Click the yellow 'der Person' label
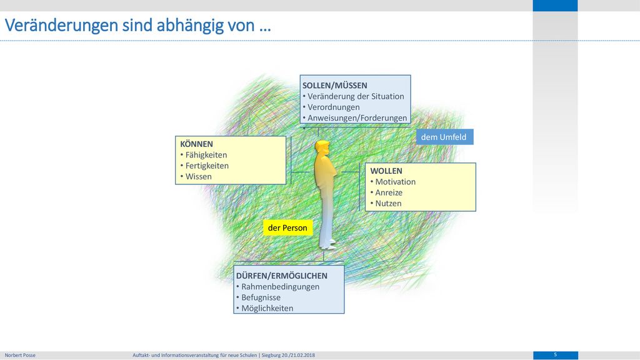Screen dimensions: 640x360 [x=287, y=227]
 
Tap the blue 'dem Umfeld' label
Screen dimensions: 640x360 [x=444, y=137]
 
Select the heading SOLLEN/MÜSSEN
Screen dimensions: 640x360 [x=335, y=85]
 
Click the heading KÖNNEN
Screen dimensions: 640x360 [x=196, y=144]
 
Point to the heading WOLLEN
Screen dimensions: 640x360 [x=386, y=171]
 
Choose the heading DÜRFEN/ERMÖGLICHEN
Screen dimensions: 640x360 [x=282, y=276]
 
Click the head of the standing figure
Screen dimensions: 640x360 [x=322, y=147]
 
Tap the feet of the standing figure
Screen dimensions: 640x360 [x=327, y=244]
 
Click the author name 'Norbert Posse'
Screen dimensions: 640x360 [x=20, y=355]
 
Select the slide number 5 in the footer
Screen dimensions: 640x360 [x=555, y=355]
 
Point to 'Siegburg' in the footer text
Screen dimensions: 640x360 [x=271, y=355]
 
